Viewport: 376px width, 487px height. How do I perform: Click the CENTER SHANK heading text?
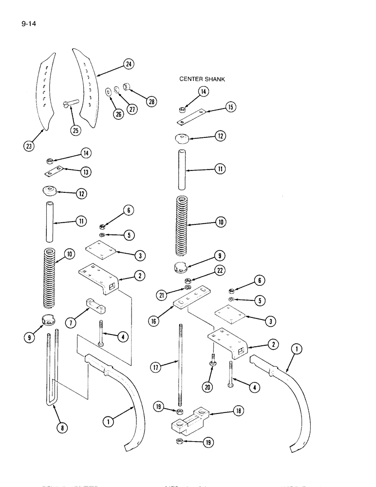(202, 79)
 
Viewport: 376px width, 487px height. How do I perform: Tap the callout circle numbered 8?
(62, 428)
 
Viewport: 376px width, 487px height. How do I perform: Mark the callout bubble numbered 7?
(72, 323)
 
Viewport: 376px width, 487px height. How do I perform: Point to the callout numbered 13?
(86, 172)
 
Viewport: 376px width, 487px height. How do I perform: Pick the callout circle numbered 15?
(230, 107)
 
